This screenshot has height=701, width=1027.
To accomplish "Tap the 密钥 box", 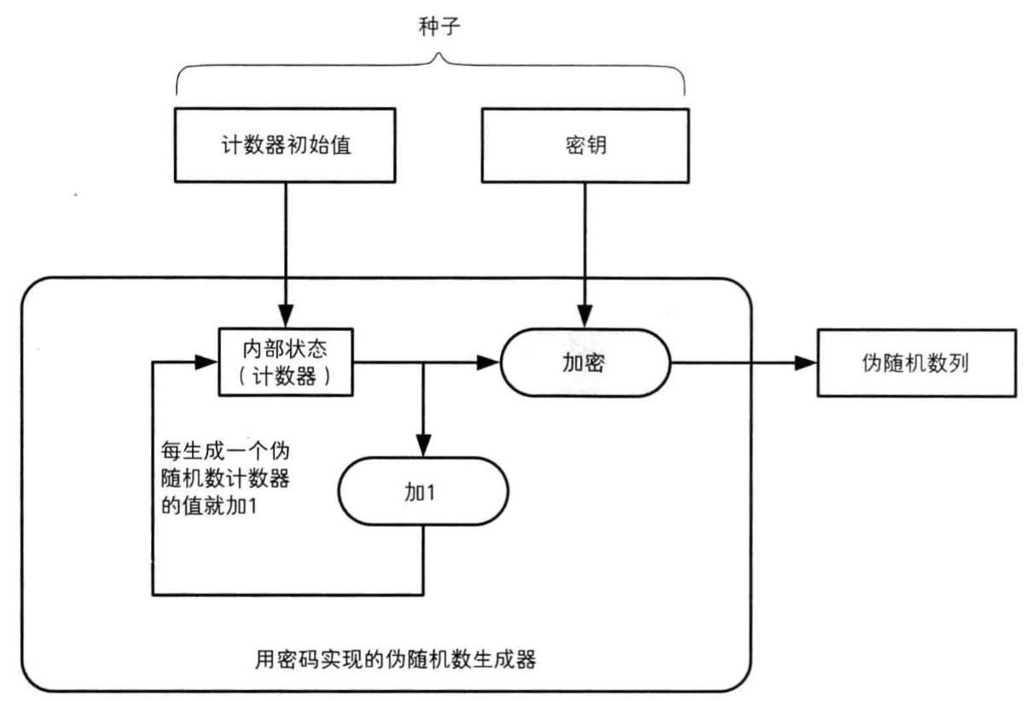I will pos(584,145).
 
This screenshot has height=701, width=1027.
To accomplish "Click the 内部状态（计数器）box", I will pos(286,362).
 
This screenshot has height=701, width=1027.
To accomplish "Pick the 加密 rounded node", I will pos(584,363).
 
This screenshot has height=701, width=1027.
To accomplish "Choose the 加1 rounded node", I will pos(423,494).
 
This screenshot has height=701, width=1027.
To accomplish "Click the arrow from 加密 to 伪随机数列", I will pos(742,363).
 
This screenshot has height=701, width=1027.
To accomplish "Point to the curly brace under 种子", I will pos(431,72).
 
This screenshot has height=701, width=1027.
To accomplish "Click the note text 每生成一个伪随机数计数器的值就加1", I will pos(226,477).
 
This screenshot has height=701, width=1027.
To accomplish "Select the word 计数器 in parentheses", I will pos(286,376).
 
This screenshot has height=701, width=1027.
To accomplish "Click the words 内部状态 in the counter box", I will pos(286,350).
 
